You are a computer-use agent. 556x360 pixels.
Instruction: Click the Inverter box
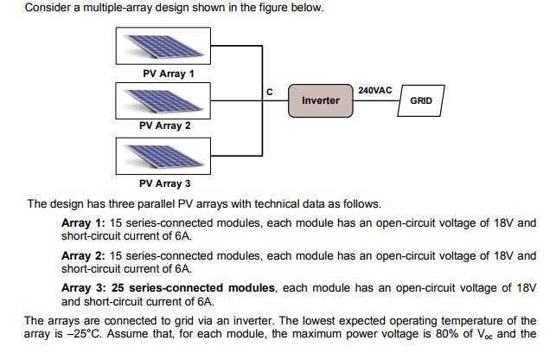[x=320, y=100]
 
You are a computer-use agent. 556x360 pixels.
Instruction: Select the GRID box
[x=421, y=100]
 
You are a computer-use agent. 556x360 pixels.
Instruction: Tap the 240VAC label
[x=374, y=90]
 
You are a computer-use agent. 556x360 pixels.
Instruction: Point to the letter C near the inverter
[x=269, y=92]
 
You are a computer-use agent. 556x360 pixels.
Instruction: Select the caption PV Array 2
[x=165, y=125]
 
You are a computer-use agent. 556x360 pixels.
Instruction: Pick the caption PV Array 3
[x=165, y=183]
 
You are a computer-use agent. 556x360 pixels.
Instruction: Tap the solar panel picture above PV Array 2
[x=163, y=100]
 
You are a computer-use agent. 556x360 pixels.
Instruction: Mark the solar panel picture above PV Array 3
[x=163, y=157]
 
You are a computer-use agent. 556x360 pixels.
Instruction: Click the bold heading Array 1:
[x=83, y=222]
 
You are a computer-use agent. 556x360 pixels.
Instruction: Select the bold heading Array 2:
[x=83, y=256]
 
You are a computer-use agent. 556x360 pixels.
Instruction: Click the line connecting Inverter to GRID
[x=375, y=101]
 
